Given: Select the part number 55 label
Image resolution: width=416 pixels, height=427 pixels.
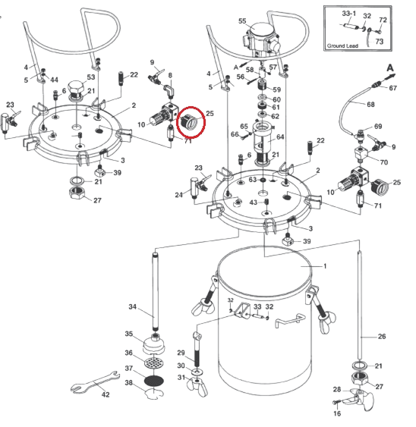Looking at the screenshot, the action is point(242,21).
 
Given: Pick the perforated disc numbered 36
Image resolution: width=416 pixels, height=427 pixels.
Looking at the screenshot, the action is point(155,363).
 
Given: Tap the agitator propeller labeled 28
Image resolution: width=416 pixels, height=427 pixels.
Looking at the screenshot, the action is point(359,399).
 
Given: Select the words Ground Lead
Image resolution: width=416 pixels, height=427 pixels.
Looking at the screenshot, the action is point(342,46).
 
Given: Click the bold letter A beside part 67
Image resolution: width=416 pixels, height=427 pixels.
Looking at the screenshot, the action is point(390,68).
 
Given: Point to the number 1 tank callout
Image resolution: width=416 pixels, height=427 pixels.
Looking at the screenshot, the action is point(325,265).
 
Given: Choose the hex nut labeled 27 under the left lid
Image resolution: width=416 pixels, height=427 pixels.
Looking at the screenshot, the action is point(77,193).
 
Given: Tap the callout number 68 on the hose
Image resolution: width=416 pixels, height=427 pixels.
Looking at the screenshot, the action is point(370,105).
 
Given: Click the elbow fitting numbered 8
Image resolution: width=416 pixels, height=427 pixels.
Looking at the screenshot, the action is point(169,91).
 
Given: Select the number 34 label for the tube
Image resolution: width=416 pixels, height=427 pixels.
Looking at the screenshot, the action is point(133,307).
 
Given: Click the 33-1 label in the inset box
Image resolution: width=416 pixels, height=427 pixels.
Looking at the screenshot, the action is point(349,14).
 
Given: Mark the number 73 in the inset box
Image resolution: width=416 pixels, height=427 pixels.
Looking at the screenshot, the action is point(380,42).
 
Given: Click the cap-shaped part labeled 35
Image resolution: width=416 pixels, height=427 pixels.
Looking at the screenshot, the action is point(154,345).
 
